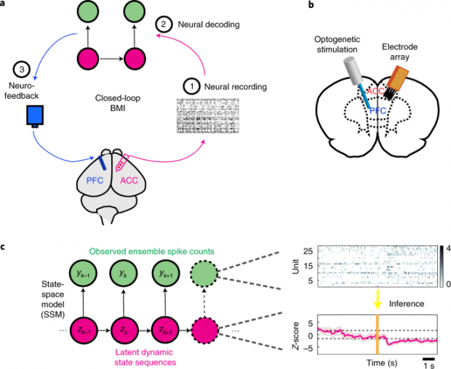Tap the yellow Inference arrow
pyautogui.click(x=378, y=297)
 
